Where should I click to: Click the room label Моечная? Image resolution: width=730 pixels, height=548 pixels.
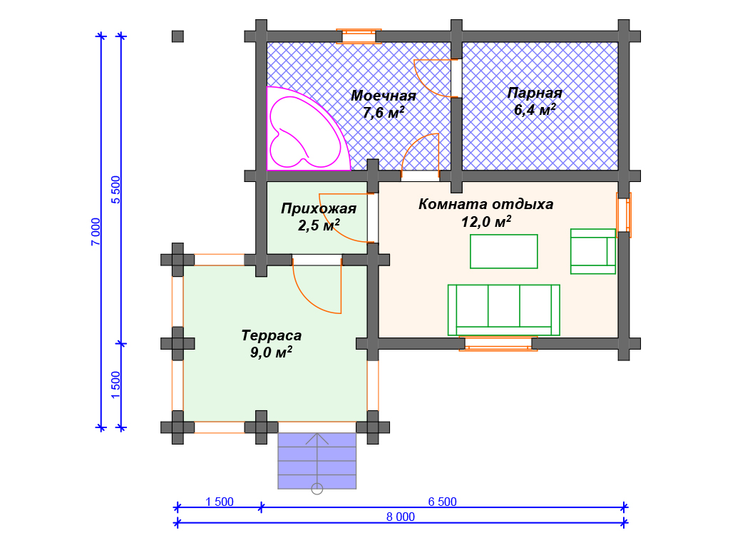383,96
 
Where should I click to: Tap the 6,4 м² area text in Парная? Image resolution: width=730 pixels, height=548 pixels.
535,110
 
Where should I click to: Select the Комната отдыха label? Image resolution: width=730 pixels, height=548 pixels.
485,205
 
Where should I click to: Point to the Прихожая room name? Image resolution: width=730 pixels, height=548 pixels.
318,209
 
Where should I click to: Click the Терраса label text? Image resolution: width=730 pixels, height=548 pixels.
271,335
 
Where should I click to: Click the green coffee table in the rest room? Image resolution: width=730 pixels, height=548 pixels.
503,251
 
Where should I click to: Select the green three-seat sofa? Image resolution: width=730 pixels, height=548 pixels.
503,309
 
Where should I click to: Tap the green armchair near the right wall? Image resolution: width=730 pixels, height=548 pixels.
592,251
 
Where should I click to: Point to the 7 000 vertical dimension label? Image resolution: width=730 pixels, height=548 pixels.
96,232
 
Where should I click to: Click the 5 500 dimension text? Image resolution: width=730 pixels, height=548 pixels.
116,189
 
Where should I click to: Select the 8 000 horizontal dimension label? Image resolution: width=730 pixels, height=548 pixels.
401,517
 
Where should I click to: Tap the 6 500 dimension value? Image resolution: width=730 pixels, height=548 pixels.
442,502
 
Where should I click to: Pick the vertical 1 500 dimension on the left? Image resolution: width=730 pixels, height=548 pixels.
116,385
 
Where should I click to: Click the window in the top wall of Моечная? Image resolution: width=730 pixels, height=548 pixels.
359,36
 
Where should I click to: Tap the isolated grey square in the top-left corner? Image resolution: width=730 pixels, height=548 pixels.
178,36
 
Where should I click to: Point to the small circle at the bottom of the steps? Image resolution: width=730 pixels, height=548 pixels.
317,489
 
